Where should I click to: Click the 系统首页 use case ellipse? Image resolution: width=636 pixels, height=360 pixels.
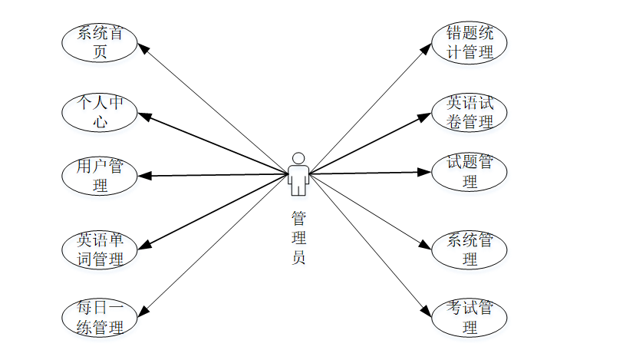point(100,43)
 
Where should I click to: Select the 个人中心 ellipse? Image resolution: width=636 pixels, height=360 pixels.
point(100,112)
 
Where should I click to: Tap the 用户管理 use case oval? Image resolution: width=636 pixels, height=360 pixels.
point(100,176)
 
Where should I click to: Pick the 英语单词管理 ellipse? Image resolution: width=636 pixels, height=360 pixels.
point(100,249)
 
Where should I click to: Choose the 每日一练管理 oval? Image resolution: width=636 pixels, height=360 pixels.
point(100,318)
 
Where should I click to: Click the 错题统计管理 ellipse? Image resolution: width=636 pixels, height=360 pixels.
point(470,43)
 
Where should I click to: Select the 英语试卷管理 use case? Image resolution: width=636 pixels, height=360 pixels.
point(470,112)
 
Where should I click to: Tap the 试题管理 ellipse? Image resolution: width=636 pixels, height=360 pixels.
point(470,171)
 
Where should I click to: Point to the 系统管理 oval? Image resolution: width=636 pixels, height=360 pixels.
point(470,249)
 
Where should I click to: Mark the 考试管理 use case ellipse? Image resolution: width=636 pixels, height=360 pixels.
point(470,318)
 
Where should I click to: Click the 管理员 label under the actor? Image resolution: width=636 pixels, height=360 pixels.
point(298,237)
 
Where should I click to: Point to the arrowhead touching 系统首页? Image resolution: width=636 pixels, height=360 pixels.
point(143,48)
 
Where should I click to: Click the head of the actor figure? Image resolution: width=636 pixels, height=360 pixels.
point(298,158)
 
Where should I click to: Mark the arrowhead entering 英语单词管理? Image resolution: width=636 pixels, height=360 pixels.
point(143,246)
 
